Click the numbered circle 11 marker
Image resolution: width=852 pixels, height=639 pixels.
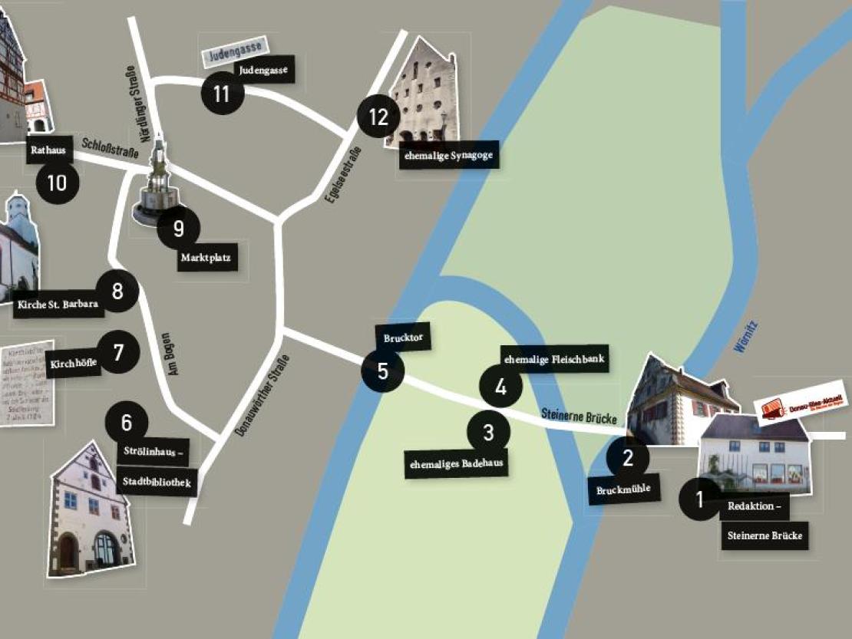click(x=222, y=94)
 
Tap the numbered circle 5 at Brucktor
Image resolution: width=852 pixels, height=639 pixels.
click(x=382, y=371)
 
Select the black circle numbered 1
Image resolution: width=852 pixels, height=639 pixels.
click(x=699, y=499)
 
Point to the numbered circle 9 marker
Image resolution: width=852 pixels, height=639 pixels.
click(x=179, y=228)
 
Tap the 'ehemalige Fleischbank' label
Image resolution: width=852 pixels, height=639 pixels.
click(x=555, y=358)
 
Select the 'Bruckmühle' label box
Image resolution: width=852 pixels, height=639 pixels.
click(x=623, y=489)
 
